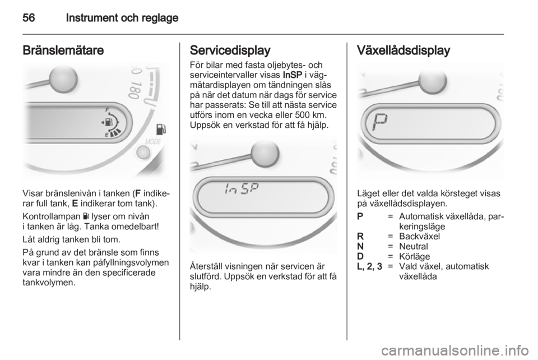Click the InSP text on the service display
[x=239, y=191]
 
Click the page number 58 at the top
[x=29, y=18]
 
